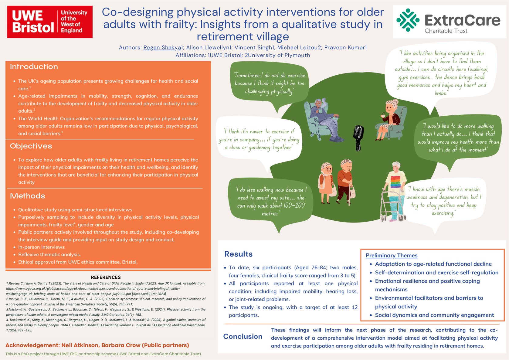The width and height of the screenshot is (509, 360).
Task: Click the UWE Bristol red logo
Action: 49,22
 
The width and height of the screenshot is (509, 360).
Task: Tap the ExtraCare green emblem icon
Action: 408,20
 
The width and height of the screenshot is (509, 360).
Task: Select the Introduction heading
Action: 34,67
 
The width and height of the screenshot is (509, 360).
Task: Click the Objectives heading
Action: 31,146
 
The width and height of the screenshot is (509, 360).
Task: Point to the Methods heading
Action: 27,196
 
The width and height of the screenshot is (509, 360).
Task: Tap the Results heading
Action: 238,254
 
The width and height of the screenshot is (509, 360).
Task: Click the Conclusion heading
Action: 243,336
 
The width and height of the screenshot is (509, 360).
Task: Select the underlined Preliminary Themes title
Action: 391,256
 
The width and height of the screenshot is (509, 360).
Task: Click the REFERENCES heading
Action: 106,277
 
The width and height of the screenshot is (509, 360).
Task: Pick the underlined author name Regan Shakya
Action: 162,48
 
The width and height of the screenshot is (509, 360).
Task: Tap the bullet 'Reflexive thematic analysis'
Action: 49,254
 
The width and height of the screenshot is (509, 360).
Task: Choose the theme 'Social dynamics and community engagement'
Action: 434,315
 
